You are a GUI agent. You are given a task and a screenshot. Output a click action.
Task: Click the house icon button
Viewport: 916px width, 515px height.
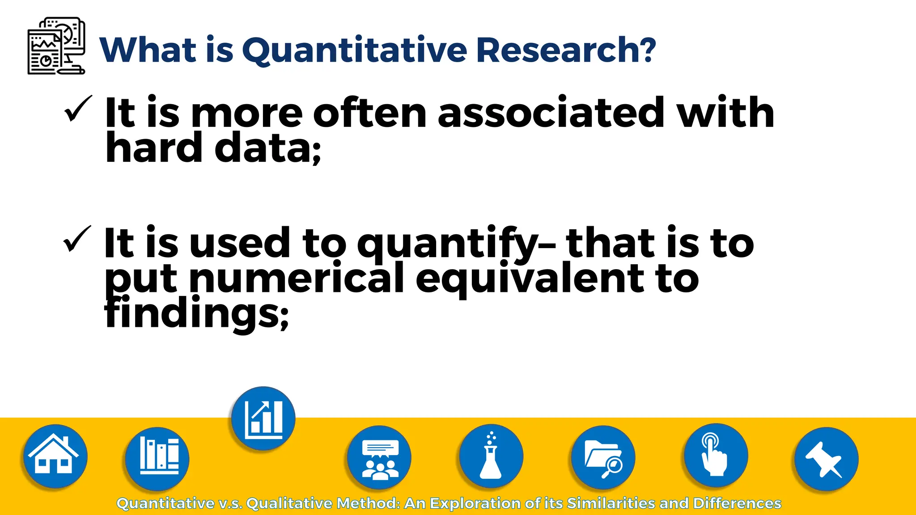coord(55,456)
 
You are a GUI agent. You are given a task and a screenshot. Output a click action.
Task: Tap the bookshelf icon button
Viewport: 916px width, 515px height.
coord(157,458)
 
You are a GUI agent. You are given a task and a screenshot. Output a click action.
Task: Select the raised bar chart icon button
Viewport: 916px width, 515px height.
coord(263,418)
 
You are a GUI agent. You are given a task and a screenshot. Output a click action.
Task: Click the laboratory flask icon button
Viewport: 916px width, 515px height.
coord(491,456)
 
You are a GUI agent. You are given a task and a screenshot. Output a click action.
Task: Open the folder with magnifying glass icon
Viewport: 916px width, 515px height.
coord(603,457)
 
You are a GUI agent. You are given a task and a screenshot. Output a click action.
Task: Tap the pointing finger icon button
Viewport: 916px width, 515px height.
coord(716,456)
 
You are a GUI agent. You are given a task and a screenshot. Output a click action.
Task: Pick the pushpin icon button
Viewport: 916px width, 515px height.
coord(826,459)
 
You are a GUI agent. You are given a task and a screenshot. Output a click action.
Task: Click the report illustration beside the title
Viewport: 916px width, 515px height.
coord(56,46)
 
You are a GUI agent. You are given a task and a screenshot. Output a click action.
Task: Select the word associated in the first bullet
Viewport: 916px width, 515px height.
coord(551,112)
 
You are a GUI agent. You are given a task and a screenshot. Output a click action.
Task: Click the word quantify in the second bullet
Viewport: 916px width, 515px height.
coord(447,244)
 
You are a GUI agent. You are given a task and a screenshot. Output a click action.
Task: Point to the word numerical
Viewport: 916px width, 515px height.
coord(297,278)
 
